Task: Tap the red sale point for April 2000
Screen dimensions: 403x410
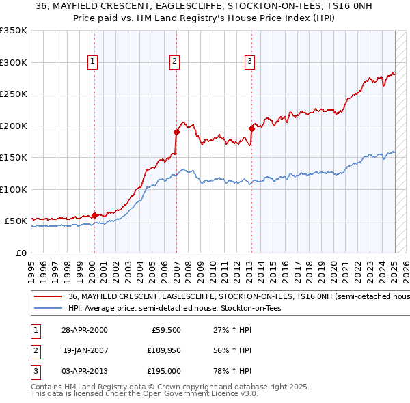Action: coord(94,215)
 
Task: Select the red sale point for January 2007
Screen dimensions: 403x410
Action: coord(176,132)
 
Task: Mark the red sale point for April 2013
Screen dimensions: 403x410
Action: coord(251,128)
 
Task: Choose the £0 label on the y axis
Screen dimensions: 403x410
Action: coord(20,253)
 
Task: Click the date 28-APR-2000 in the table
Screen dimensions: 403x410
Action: coord(85,330)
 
